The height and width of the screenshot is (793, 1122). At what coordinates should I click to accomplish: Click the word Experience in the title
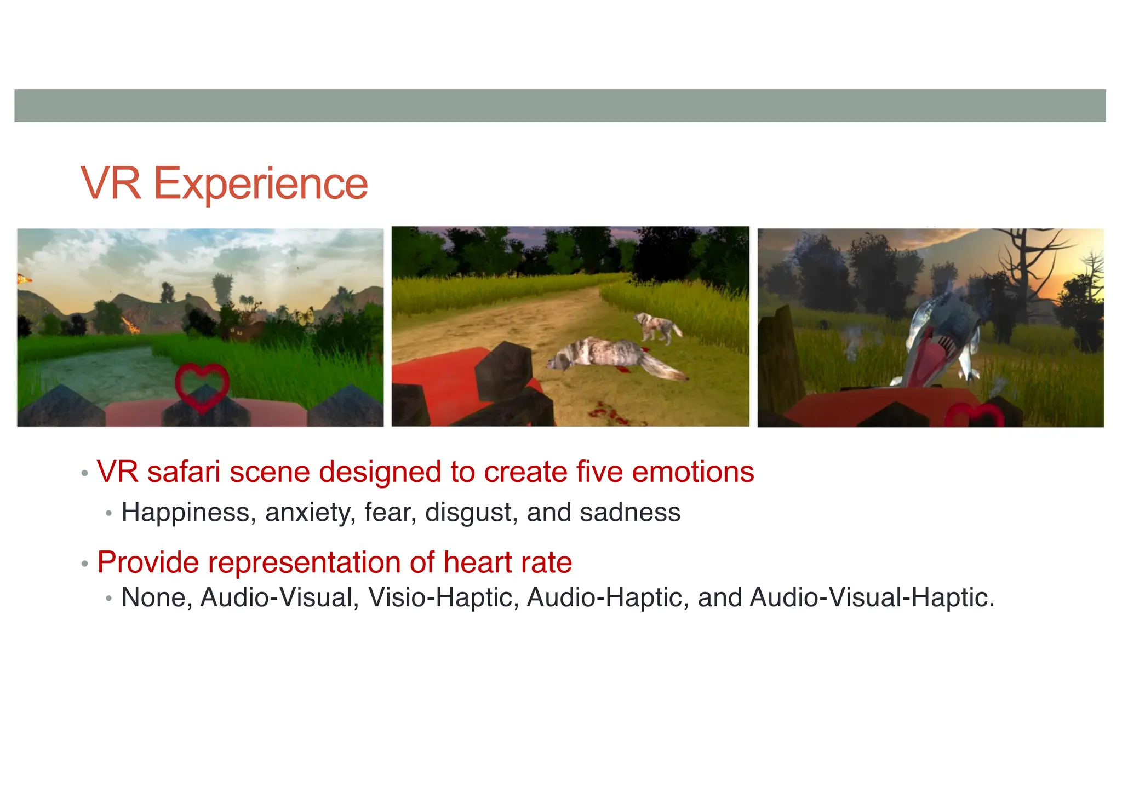point(260,183)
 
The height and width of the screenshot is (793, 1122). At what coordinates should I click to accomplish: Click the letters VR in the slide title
point(111,183)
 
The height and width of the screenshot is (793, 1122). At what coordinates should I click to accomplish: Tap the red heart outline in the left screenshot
point(202,387)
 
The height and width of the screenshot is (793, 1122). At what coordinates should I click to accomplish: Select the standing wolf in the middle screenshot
point(657,326)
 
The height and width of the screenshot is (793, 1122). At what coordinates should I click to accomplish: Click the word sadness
point(630,513)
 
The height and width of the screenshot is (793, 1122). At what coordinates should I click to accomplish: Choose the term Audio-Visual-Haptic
point(871,597)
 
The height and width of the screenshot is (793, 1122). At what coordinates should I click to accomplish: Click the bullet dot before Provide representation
point(84,564)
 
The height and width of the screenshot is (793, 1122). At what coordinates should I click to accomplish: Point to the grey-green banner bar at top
point(560,105)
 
